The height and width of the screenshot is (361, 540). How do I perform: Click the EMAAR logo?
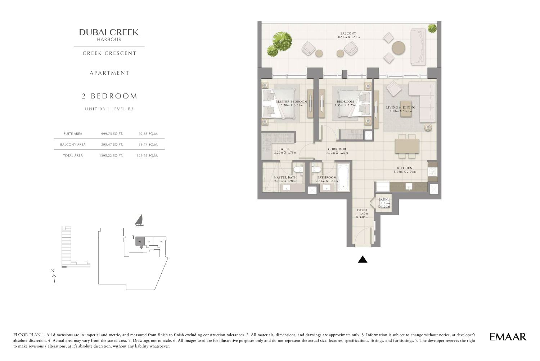click(508, 336)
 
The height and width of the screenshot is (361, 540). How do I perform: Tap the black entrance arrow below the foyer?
click(363, 259)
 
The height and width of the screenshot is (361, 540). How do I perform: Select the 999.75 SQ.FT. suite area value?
click(112, 133)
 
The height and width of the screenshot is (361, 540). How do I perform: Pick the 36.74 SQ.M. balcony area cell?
click(148, 144)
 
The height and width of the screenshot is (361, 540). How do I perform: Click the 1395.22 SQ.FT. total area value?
click(111, 155)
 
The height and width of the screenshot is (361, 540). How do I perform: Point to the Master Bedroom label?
click(292, 102)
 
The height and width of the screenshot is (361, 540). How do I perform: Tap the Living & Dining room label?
click(401, 107)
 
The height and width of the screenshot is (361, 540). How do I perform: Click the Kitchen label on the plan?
click(405, 168)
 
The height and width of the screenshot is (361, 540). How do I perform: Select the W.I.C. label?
click(285, 149)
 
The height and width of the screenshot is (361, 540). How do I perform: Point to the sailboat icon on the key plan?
click(139, 220)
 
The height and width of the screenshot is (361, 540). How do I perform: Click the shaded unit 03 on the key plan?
click(140, 242)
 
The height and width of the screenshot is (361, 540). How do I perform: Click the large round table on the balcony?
click(399, 48)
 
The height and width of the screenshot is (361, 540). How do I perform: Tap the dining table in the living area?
click(407, 146)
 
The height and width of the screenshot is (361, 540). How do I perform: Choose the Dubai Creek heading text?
click(109, 32)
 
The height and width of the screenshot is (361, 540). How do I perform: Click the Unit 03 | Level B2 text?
click(109, 109)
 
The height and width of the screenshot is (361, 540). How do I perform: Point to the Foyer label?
click(362, 210)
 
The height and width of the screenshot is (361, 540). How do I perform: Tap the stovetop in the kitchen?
click(432, 172)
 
